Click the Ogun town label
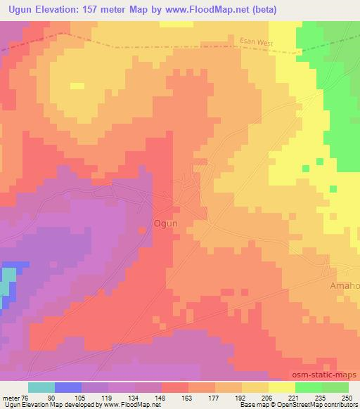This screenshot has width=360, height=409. (166, 223)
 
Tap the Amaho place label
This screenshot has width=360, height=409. (344, 286)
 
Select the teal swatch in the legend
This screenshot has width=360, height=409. (41, 387)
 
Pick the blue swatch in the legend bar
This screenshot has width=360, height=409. (68, 387)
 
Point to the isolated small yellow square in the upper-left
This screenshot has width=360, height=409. (77, 86)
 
